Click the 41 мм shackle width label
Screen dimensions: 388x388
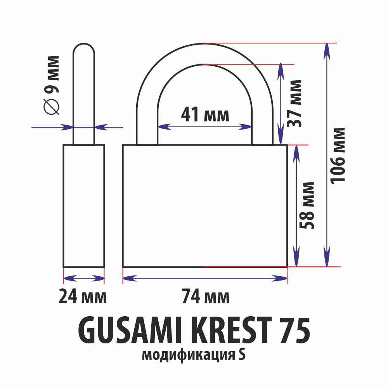coord(205,114)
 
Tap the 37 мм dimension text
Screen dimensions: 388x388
coord(294,104)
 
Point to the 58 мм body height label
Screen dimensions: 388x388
coord(307,205)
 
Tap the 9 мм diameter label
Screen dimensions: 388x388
coord(52,74)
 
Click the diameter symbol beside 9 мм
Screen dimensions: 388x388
coord(52,106)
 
